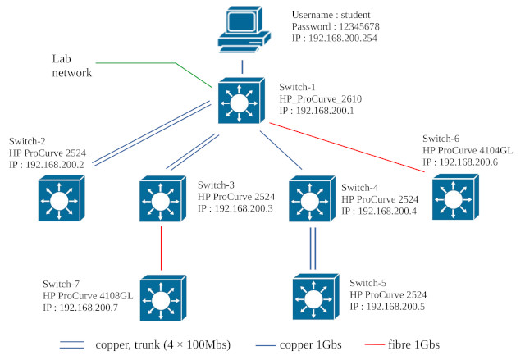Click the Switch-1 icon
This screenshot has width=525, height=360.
tap(240, 102)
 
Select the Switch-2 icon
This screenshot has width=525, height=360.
tap(60, 199)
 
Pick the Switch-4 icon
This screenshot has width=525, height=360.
tap(311, 199)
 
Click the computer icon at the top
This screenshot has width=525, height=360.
tap(241, 30)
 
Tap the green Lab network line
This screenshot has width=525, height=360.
tap(156, 74)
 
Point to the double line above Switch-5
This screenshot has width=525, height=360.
tap(313, 249)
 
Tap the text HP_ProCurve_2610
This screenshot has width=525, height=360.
tap(321, 98)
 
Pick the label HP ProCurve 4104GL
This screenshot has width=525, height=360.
tap(467, 151)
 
